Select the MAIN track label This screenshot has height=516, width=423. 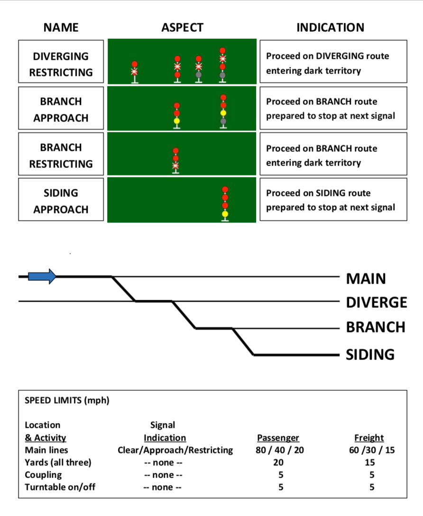366,278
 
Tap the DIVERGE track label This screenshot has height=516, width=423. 377,303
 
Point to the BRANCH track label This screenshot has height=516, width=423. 376,327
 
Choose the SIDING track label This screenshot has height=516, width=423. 370,354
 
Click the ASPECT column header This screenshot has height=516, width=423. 182,28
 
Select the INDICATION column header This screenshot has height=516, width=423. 330,28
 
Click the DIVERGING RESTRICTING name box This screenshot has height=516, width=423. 61,64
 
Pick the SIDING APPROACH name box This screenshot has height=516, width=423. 61,201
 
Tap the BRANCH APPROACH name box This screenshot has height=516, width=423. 61,110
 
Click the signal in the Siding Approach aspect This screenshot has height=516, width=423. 225,202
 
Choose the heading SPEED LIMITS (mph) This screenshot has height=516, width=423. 67,400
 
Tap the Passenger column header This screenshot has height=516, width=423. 278,438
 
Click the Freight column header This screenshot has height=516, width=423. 368,438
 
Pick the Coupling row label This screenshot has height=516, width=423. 43,474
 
